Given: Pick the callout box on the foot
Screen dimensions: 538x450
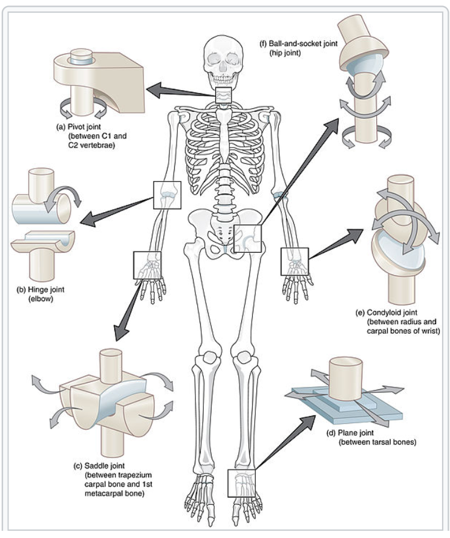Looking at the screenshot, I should point(242,483).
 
